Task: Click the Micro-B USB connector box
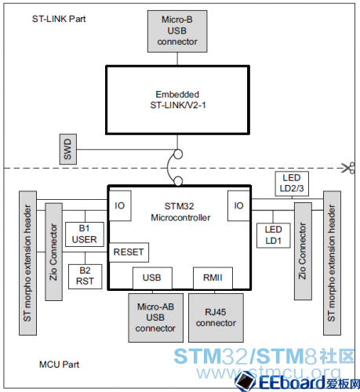point(177,31)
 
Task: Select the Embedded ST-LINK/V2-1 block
point(177,100)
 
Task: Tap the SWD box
point(68,149)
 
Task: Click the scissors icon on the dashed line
point(348,168)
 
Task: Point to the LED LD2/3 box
point(292,183)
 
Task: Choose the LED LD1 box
point(274,235)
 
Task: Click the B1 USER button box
point(85,234)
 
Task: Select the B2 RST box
point(85,277)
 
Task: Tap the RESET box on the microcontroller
point(129,252)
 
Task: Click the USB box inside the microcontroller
point(152,278)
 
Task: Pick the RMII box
point(213,278)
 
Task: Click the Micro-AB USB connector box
point(156,318)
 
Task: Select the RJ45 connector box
point(216,318)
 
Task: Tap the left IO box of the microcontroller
point(120,206)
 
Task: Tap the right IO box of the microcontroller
point(238,206)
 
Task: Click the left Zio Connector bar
point(54,252)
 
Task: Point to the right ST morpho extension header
point(332,263)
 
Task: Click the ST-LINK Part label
point(59,19)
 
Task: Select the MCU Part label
point(59,365)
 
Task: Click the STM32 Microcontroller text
point(180,212)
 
